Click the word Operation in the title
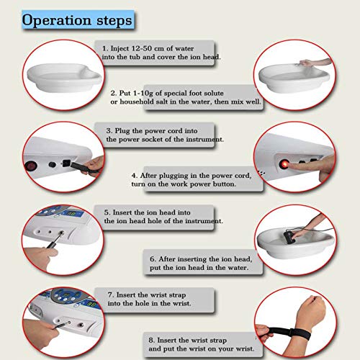[56, 20]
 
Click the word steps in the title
[114, 20]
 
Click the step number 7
[109, 294]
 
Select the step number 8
[151, 340]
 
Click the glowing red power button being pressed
[284, 164]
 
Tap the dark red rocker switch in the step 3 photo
[30, 166]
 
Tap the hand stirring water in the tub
[306, 63]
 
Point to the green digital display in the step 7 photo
[92, 305]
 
